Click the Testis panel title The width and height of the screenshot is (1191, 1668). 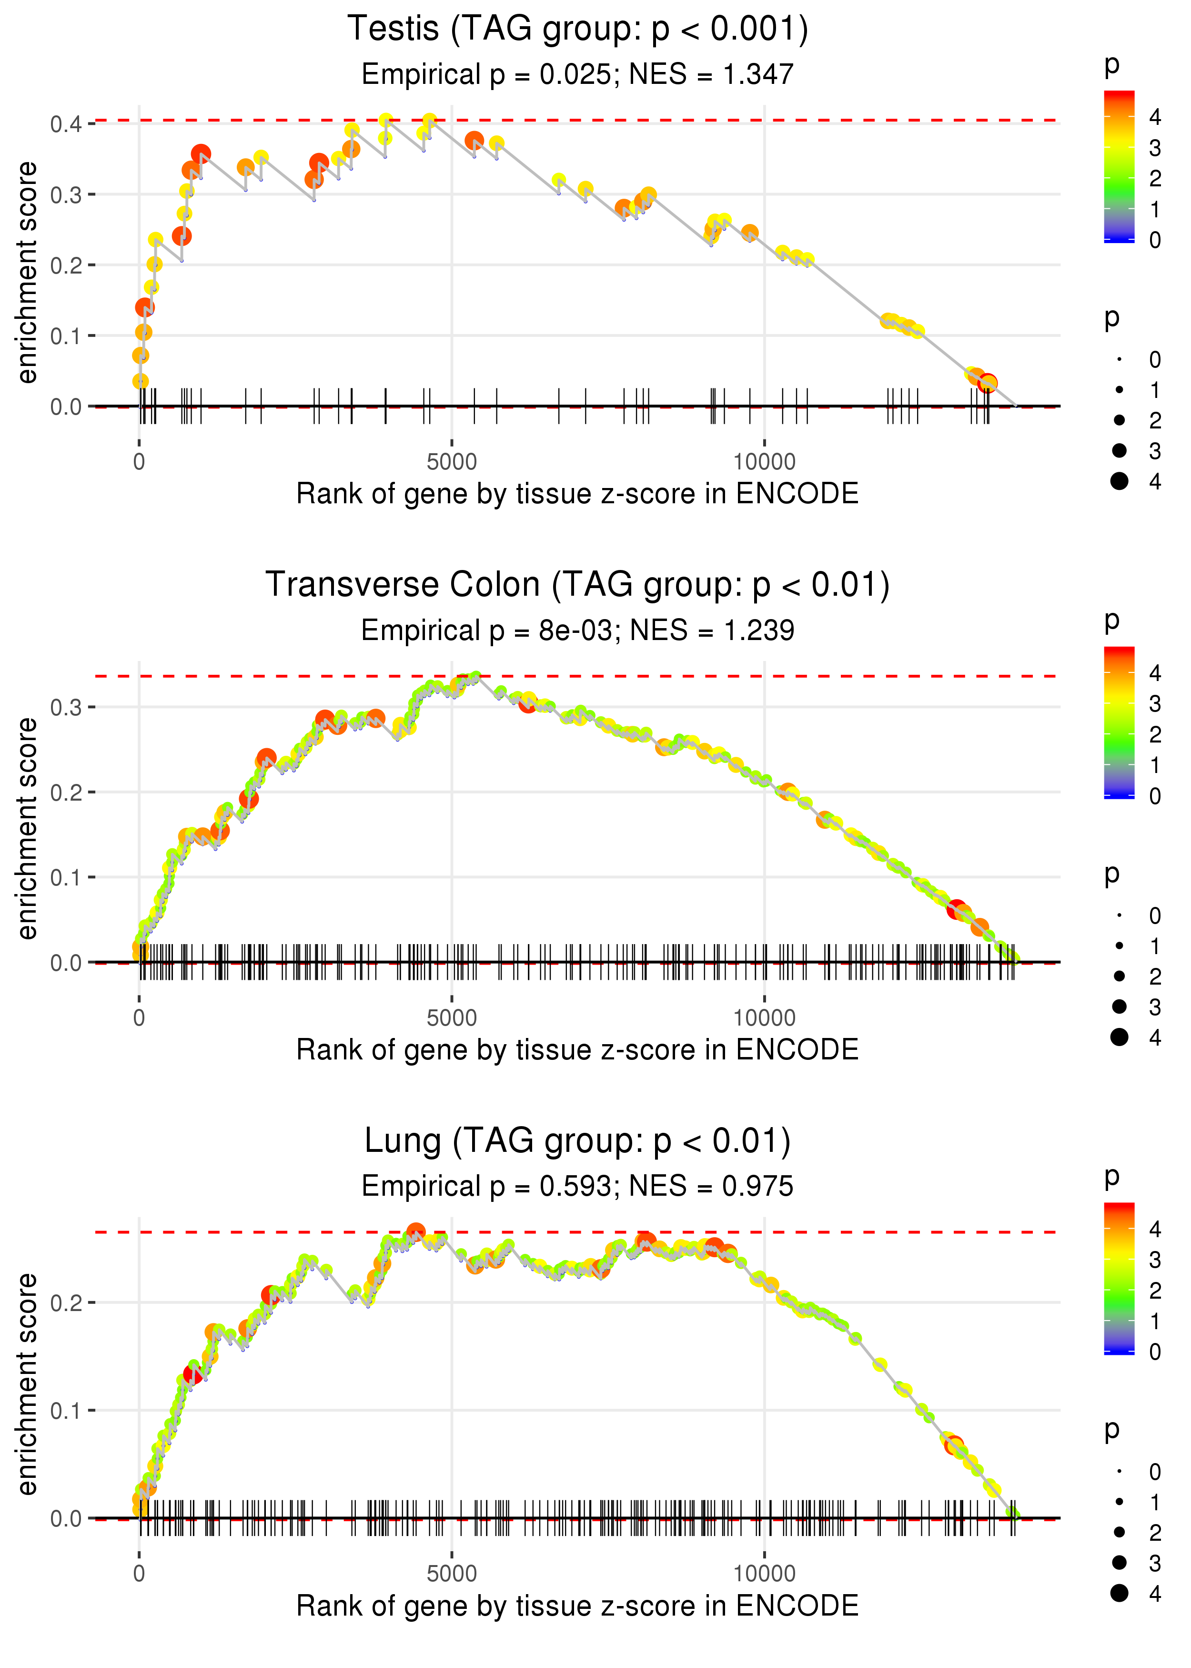(x=577, y=30)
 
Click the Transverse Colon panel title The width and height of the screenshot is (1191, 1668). (x=577, y=585)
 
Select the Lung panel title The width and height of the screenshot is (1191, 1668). (x=577, y=1141)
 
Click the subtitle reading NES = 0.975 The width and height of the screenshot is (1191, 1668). (x=577, y=1187)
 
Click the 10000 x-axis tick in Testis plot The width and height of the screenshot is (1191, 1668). (x=764, y=462)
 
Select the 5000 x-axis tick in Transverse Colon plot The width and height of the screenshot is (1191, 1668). (x=452, y=1018)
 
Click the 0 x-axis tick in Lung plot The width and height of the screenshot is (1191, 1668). (x=139, y=1574)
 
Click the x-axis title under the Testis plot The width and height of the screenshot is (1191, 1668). (x=577, y=494)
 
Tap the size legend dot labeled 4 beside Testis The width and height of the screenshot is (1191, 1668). (x=1119, y=481)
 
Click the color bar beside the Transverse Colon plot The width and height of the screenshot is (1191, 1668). (x=1119, y=722)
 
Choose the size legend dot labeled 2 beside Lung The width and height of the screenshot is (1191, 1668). (x=1119, y=1532)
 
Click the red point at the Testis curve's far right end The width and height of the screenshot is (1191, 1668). (x=988, y=383)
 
